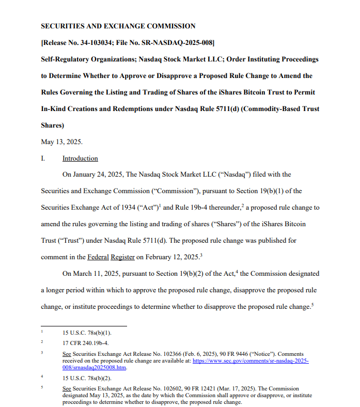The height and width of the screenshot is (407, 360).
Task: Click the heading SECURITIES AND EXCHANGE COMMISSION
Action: pos(118,26)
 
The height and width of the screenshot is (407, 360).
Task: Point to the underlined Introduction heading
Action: pos(80,159)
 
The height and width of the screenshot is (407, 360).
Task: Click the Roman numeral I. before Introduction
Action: pos(43,159)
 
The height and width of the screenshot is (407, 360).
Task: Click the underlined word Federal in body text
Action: pos(98,257)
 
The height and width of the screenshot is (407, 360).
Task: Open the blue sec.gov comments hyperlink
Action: pos(250,362)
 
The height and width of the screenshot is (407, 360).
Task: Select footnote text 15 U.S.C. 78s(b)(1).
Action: pos(86,333)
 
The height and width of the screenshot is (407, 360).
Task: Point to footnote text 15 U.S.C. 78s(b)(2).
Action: pos(86,379)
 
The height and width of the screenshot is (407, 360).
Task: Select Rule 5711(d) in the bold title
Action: pos(193,108)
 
